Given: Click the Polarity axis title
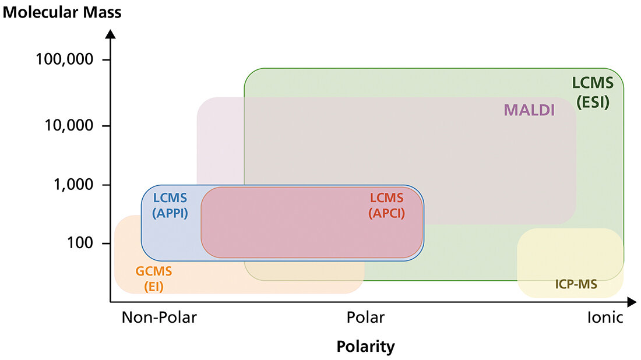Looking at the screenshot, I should pos(365,347).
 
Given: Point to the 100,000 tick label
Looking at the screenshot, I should pos(65,60).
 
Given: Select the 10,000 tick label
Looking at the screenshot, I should pos(69,125).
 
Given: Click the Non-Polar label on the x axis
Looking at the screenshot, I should pos(159,317).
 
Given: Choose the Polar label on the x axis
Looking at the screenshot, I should pos(365,317).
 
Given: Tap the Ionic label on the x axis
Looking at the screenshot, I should pos(605,317).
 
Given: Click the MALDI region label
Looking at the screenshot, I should pos(529,110).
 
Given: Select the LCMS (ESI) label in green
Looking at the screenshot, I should pos(593,94).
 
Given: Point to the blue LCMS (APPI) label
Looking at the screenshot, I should pos(170,205).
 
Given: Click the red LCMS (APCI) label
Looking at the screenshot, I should pos(386,205).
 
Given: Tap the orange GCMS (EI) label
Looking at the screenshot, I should pos(154,278).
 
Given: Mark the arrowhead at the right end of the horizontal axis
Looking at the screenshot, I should pos(632,302).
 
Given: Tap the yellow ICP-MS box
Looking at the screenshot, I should pos(570,256).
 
